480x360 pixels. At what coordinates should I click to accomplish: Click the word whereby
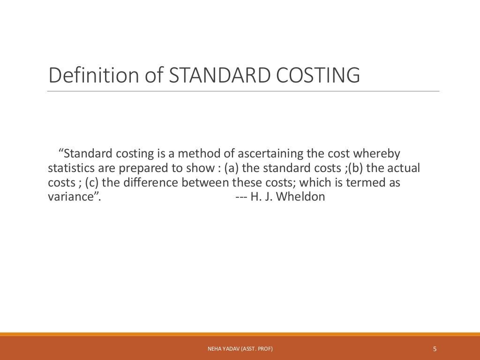pyautogui.click(x=377, y=154)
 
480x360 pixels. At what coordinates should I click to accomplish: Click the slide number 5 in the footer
pyautogui.click(x=435, y=349)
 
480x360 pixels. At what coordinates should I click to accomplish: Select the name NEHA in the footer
pyautogui.click(x=213, y=349)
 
